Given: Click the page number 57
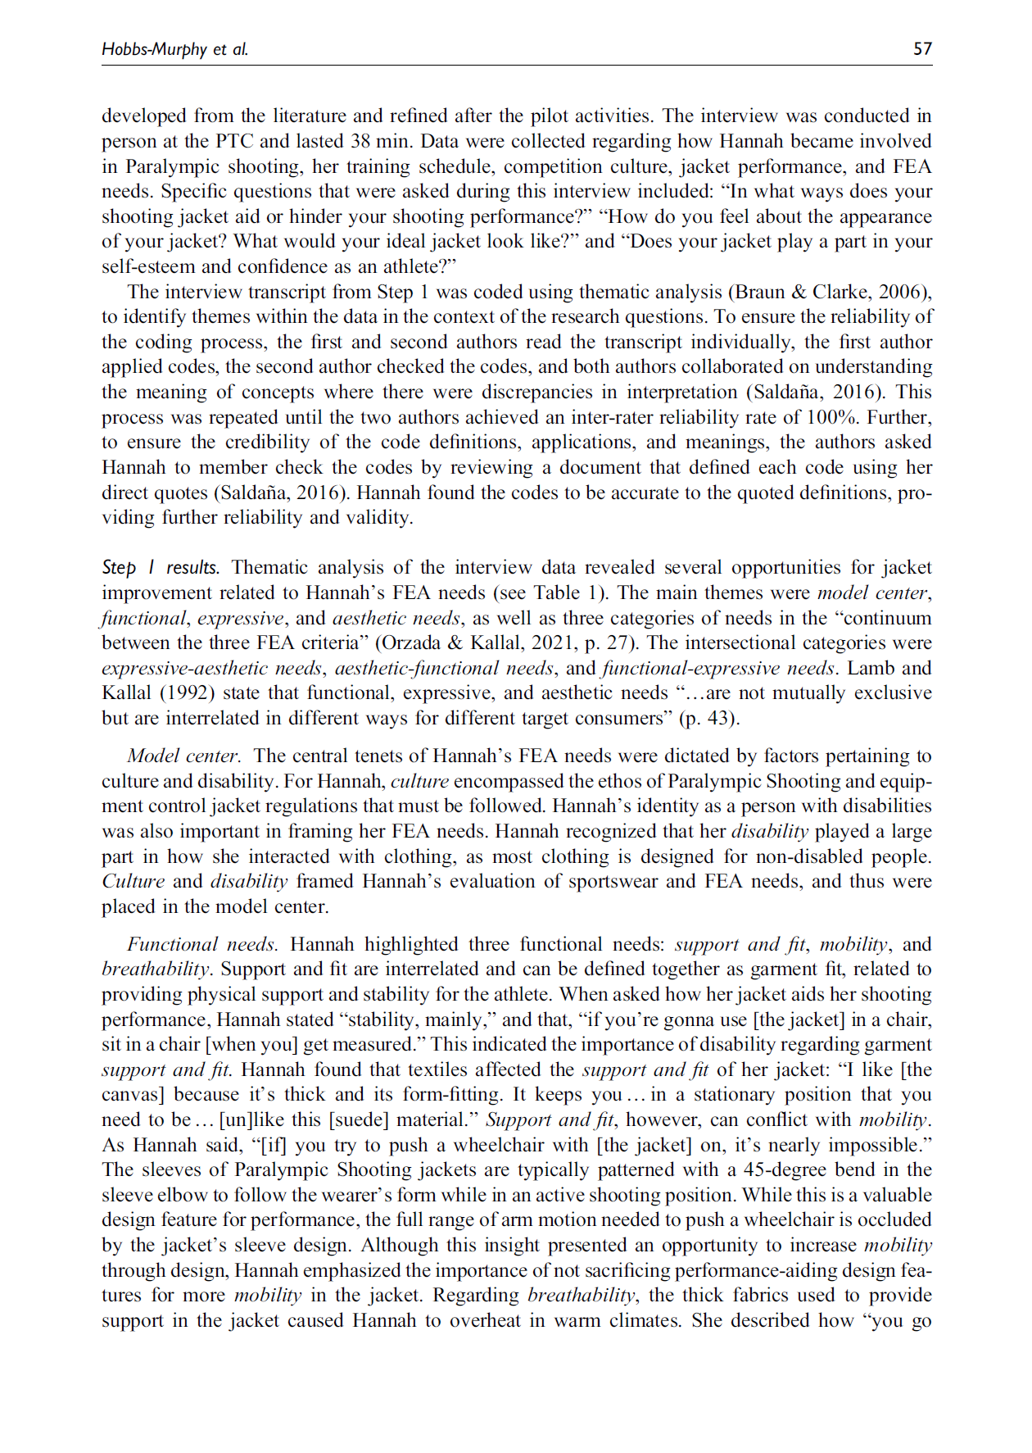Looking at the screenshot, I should (x=922, y=49).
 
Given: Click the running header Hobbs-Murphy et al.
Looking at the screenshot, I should (x=174, y=49).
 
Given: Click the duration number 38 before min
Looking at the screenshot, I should (x=363, y=141).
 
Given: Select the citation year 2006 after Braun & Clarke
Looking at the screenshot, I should (x=903, y=292).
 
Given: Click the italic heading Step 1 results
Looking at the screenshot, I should (x=161, y=568).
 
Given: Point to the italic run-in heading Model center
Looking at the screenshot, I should (x=183, y=756).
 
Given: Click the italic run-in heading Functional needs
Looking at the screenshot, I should (x=202, y=944).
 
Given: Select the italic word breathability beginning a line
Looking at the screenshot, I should (x=156, y=969).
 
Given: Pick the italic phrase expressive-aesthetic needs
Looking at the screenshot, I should (x=211, y=669).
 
